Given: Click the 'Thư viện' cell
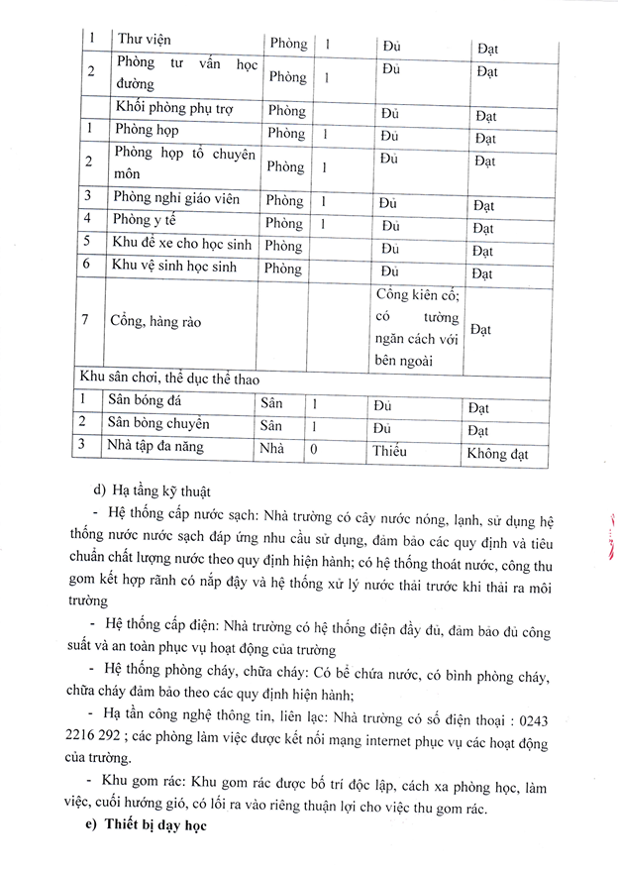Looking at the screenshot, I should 145,40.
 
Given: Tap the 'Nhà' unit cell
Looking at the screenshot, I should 271,449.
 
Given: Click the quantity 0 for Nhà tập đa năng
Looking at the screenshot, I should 314,449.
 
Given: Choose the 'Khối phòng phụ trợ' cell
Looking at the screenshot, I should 174,109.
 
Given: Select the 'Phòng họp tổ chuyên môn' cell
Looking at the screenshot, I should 184,163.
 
